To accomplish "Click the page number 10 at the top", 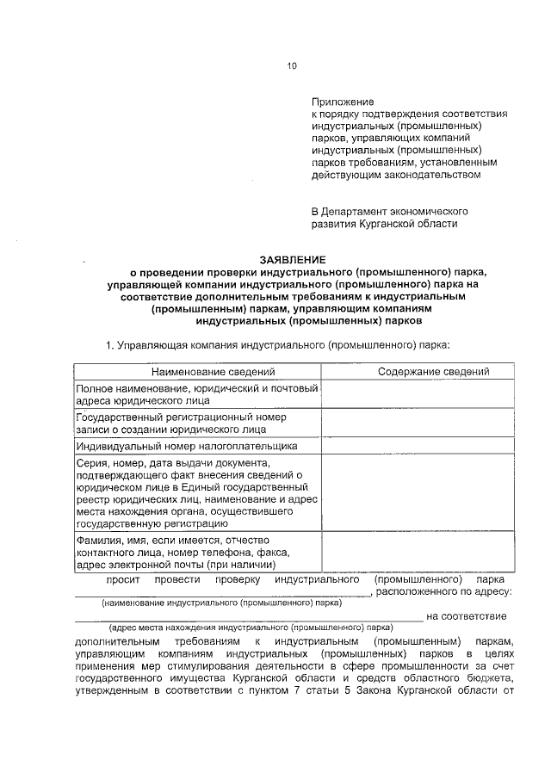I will pos(292,67).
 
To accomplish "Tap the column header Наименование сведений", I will pos(214,372).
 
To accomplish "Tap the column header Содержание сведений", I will pos(433,372).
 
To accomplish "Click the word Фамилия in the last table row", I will pos(101,540).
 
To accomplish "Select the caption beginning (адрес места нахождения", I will pos(250,628).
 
